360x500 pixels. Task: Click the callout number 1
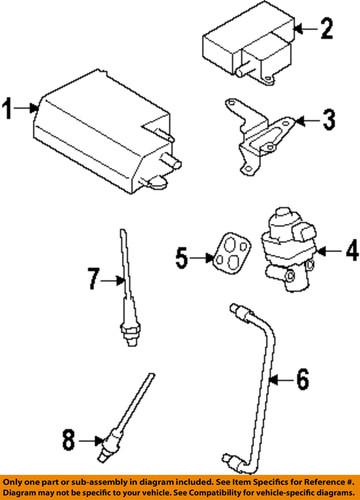tap(10, 105)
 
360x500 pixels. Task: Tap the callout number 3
tap(327, 122)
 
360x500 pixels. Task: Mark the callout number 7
tap(91, 281)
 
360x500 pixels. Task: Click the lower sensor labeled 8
tap(120, 422)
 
